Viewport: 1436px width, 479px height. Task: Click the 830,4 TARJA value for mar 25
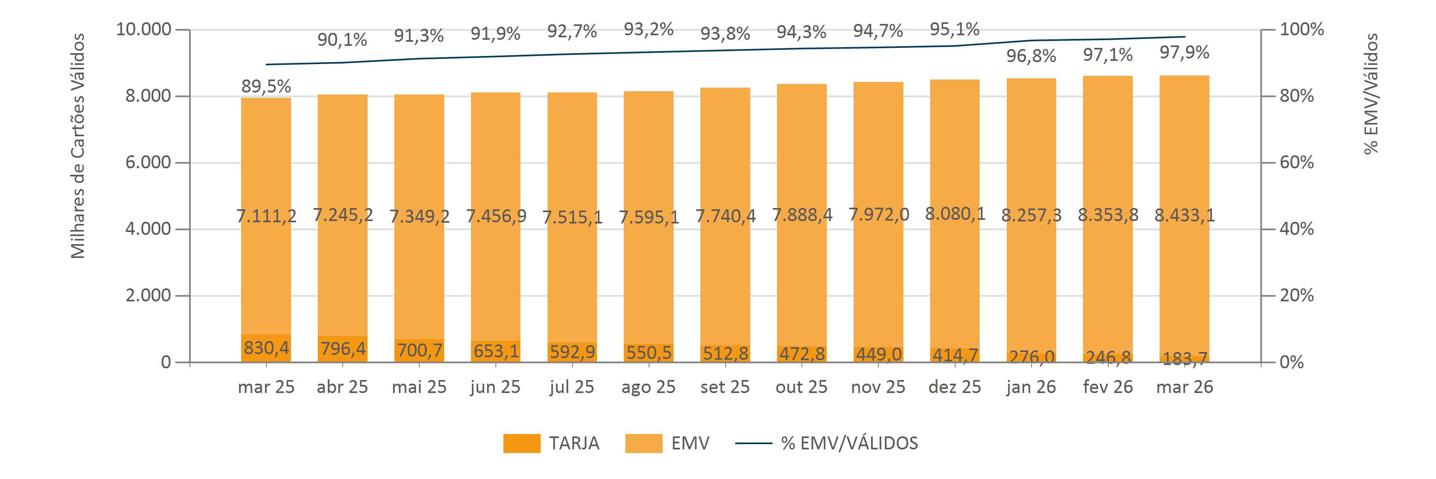[x=266, y=348]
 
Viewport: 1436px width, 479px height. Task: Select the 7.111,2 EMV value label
[x=266, y=215]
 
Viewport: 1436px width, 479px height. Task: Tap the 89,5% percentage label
[x=266, y=86]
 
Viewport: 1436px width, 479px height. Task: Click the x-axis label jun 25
[x=495, y=387]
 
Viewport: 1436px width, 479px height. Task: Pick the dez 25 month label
[x=954, y=387]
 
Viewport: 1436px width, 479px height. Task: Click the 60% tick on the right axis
[x=1296, y=162]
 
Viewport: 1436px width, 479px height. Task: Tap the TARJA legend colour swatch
[x=521, y=443]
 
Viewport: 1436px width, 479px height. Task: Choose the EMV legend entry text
[x=690, y=443]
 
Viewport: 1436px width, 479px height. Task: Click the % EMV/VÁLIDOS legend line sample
[x=754, y=443]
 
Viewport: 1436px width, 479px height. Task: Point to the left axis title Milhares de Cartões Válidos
[x=78, y=146]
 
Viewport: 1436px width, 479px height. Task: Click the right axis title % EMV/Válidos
[x=1371, y=94]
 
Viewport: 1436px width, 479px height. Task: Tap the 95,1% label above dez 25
[x=954, y=29]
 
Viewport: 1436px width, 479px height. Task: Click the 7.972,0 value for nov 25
[x=878, y=214]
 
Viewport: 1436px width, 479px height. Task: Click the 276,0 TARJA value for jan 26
[x=1031, y=357]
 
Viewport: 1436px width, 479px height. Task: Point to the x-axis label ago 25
[x=648, y=387]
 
